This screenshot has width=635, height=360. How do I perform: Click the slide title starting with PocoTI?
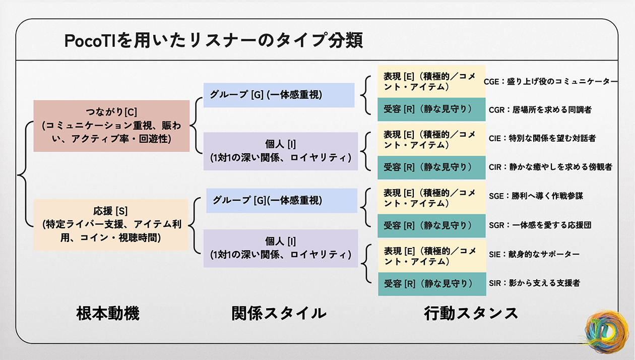[213, 41]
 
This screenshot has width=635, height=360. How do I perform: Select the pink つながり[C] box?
[111, 126]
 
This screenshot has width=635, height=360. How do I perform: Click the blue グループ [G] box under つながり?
[279, 95]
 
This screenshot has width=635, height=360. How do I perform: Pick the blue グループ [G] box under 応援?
[281, 200]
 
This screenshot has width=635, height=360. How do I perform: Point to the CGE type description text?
[550, 82]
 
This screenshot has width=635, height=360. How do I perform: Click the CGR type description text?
[540, 109]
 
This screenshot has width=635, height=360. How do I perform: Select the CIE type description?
[542, 138]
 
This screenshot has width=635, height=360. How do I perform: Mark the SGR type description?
[540, 225]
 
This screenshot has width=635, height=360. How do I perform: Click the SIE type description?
[534, 254]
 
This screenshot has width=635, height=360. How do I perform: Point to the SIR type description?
[534, 283]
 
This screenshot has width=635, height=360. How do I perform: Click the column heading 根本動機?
[108, 314]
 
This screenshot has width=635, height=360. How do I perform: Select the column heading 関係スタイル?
[279, 314]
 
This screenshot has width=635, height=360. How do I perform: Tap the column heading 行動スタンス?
[471, 314]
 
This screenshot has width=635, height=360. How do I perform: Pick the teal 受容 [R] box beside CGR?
[431, 109]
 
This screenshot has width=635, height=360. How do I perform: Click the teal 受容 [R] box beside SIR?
[431, 284]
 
